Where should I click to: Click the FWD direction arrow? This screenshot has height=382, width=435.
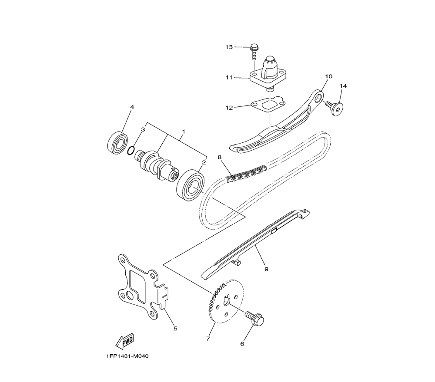coord(124,341)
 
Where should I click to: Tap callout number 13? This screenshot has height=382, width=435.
coord(229,47)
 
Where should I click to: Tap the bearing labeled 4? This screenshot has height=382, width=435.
coord(117,142)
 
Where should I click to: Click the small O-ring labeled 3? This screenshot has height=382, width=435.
coord(131,151)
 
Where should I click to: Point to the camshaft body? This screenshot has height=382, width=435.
coord(156,165)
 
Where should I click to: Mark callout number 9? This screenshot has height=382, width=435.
coord(266,269)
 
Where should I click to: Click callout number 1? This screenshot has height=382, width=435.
coord(184,131)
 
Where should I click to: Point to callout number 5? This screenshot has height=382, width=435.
coord(175,329)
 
